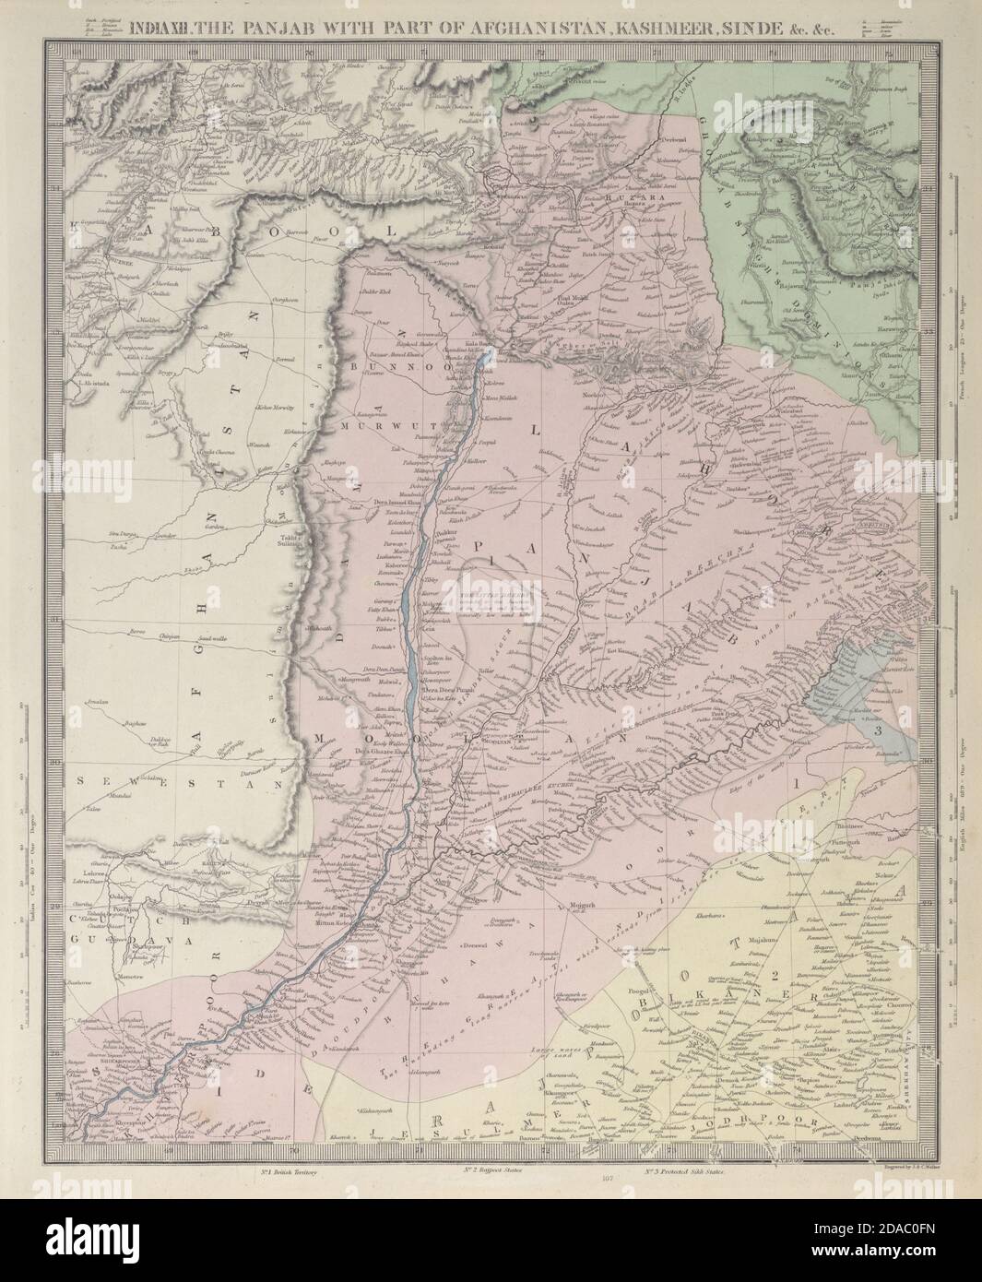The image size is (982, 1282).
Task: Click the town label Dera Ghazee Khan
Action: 378,752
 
